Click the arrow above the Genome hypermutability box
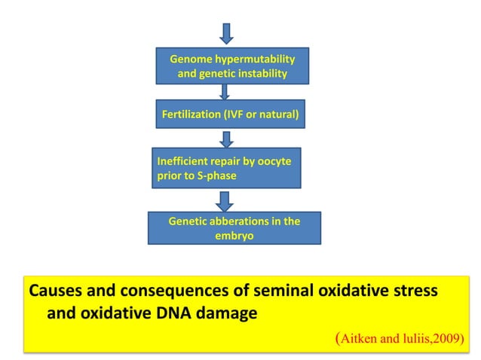click(x=226, y=33)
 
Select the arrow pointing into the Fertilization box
click(x=225, y=92)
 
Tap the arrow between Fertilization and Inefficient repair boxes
click(x=226, y=139)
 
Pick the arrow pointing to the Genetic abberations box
click(x=225, y=200)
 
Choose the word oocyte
click(x=274, y=161)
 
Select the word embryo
click(x=233, y=236)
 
